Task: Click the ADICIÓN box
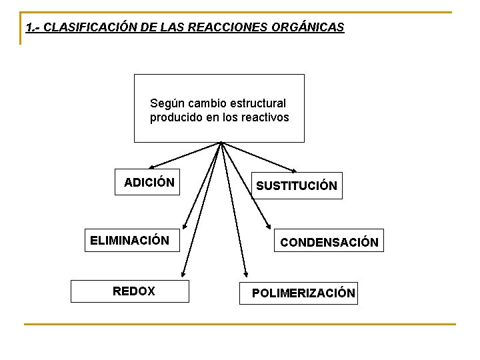coord(149,183)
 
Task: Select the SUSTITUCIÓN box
coord(297,186)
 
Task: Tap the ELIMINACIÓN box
coord(130,240)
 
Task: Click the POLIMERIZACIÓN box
coord(303,293)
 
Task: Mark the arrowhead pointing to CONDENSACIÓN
coord(268,227)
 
